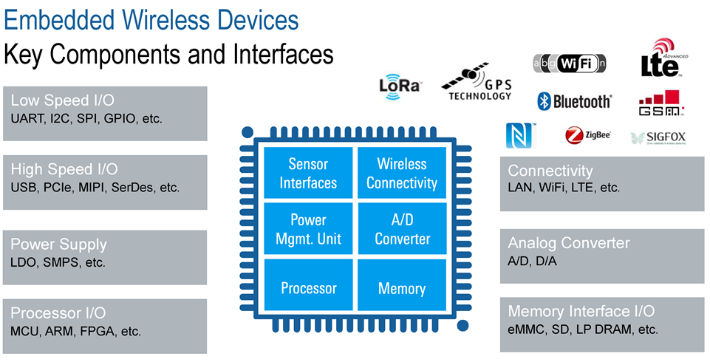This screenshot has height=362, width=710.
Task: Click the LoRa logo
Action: pos(400,85)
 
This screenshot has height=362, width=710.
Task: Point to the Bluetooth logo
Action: pos(574,101)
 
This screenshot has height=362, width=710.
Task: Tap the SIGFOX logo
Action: pos(659,137)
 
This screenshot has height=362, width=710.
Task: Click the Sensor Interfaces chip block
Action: pos(308,174)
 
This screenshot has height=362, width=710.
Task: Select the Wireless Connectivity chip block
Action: pos(402,174)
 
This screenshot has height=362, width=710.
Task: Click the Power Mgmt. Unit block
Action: pos(308,229)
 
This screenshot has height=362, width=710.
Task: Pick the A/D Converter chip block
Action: pos(402,229)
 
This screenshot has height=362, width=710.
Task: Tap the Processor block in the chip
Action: pos(308,288)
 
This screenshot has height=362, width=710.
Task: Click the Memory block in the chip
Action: pos(402,288)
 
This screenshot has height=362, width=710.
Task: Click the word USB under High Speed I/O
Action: pos(24,188)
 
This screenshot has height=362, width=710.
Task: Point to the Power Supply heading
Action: pos(59,245)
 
